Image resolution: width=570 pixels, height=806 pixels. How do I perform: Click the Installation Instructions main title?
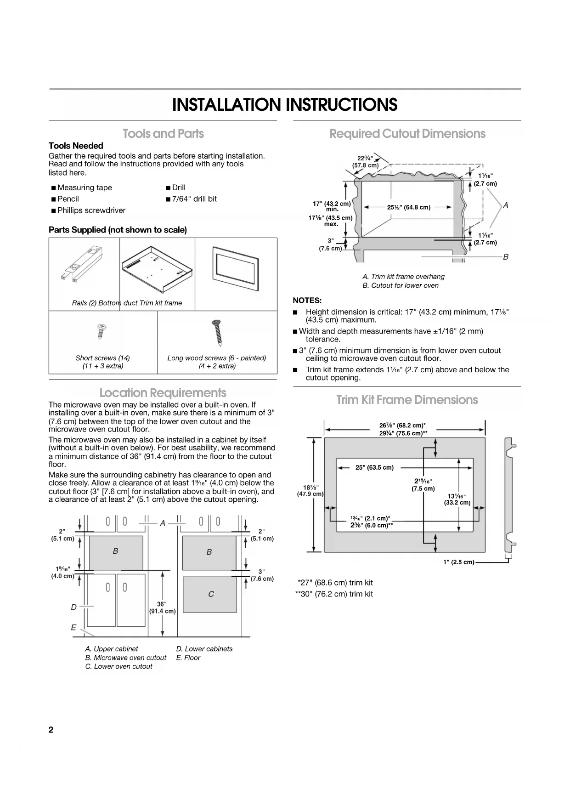tap(285, 105)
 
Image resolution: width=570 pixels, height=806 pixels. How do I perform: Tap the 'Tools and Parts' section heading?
tap(163, 134)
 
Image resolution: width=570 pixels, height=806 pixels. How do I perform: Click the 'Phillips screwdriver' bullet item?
tap(91, 210)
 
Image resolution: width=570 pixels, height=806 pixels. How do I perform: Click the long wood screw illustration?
tap(217, 333)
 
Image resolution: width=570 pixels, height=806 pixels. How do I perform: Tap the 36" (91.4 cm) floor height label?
tap(162, 607)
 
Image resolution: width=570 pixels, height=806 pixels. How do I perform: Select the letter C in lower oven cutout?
tap(211, 594)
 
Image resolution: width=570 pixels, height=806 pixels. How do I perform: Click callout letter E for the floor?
tap(73, 628)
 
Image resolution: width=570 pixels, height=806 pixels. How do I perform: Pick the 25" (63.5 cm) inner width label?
tap(374, 468)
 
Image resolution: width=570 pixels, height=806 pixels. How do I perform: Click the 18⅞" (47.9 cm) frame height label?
tap(310, 490)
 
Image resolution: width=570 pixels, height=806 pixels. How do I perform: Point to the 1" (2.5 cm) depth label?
tap(458, 562)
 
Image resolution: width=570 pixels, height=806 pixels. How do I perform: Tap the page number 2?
tap(51, 730)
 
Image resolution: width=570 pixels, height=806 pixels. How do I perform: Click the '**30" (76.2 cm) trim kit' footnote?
tap(334, 594)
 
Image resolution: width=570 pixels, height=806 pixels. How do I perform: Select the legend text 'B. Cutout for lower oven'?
tap(400, 285)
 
